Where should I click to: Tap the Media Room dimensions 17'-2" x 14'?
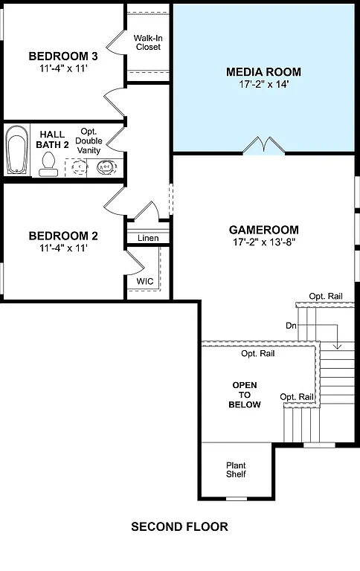coord(263,85)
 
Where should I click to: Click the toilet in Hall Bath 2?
coord(50,163)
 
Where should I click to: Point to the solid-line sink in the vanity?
coord(106,166)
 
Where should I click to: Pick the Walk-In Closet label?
coord(147,42)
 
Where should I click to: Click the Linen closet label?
coord(148,238)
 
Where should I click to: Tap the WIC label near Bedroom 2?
coord(144,282)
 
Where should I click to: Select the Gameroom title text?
coord(263,230)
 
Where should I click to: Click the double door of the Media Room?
coord(263,145)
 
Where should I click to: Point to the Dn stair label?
coord(291,326)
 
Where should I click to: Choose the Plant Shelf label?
coord(236,470)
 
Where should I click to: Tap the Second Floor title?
coord(179,526)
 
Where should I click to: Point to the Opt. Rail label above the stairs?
coord(325,297)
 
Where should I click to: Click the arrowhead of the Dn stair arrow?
coord(338,346)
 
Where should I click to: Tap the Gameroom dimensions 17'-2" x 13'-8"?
coord(263,242)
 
